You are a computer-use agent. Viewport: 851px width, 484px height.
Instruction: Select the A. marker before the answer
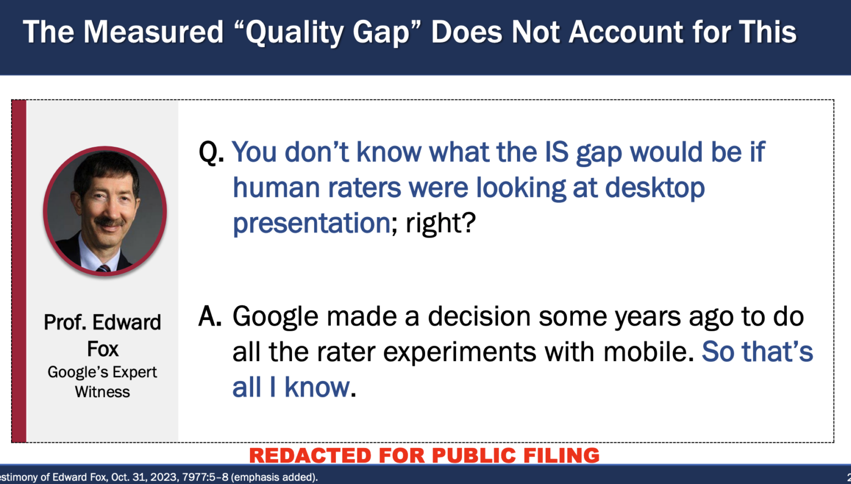coord(210,316)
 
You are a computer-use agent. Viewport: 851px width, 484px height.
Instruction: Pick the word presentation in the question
coord(311,224)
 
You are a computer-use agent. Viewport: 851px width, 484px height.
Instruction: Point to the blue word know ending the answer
coord(317,387)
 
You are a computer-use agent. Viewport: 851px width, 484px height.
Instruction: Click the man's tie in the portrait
coord(104,269)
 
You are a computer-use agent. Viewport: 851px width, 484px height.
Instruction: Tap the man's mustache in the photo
coord(109,223)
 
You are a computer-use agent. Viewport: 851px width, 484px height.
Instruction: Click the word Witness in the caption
coord(102,392)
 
